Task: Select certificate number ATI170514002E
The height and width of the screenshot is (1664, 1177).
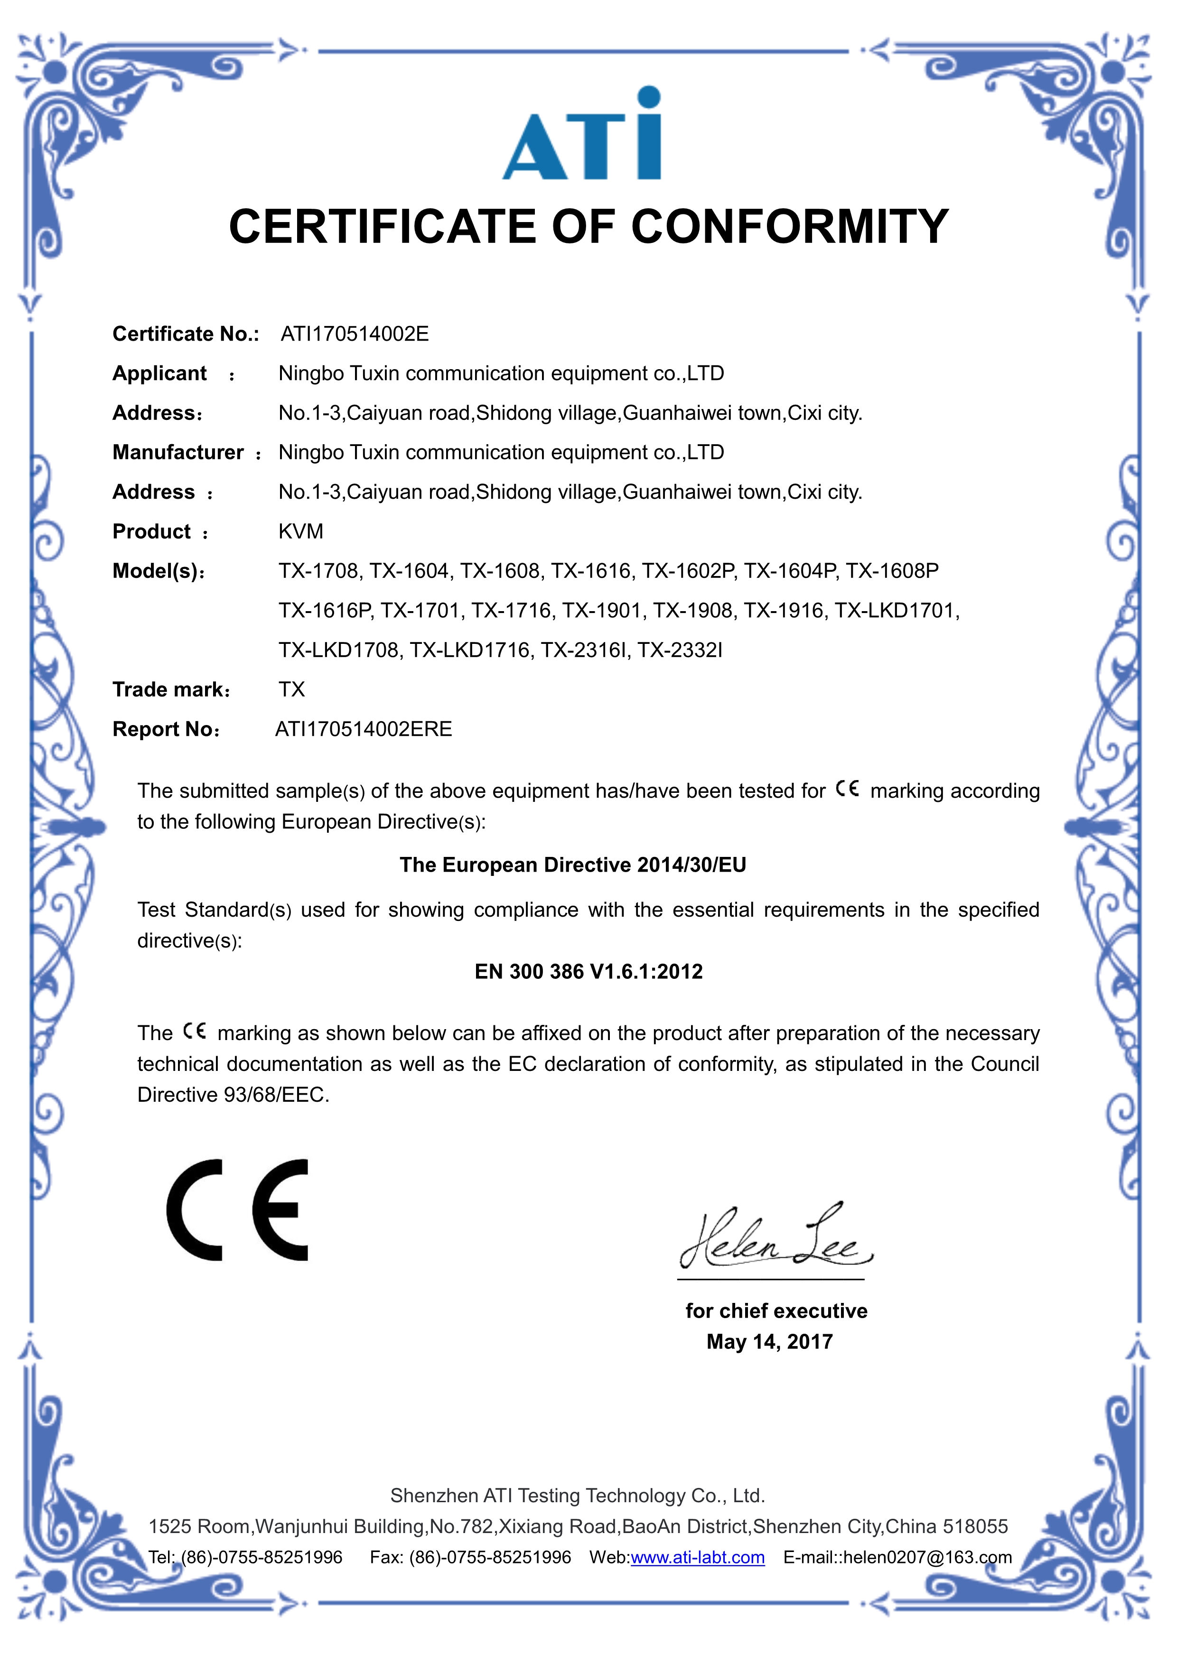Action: pos(355,334)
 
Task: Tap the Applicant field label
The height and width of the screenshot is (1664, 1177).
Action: pos(159,373)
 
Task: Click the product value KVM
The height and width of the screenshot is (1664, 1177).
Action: pos(301,531)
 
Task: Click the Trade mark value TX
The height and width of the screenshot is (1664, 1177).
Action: pos(292,689)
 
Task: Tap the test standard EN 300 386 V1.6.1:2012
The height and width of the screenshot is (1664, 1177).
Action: pos(588,971)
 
